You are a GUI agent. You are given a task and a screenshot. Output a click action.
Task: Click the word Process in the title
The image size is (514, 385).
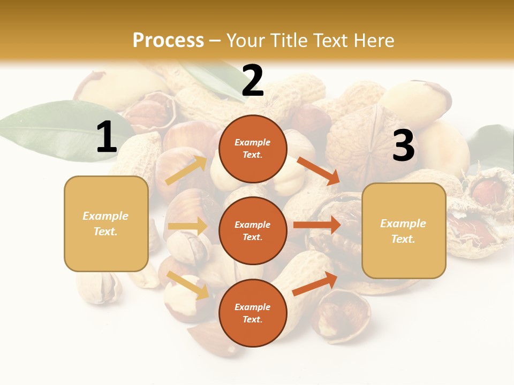coord(168,41)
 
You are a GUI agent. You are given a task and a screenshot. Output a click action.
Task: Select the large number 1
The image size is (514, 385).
coord(107,137)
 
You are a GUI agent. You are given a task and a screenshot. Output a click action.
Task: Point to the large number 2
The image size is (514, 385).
coord(253,81)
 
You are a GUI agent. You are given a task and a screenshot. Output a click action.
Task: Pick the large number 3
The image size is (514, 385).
coord(403,146)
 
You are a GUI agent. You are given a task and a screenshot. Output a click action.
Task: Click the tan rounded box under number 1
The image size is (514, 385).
coord(106,224)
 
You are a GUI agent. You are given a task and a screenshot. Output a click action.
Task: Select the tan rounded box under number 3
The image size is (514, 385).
coord(404,230)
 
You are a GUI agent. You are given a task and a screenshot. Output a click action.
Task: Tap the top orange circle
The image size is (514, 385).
coord(253,149)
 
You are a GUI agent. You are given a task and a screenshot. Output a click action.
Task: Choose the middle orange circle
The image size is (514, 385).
coord(253,230)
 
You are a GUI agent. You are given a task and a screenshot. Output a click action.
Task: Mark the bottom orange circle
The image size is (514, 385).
coord(253,313)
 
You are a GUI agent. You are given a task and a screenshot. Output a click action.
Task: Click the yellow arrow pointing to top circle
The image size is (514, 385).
coord(186,171)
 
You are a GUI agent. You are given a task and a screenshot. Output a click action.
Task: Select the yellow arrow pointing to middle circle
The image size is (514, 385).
coord(187,226)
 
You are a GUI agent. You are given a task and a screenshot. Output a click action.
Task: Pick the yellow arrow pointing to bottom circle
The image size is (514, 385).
coord(188,285)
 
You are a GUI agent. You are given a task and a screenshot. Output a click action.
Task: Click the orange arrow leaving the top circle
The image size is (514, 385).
coord(318,171)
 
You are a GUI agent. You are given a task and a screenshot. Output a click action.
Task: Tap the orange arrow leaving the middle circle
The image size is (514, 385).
coord(317,225)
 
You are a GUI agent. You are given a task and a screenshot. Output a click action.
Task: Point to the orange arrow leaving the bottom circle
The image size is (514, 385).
coord(315,284)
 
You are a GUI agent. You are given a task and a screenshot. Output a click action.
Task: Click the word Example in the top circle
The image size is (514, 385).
coord(253,143)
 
